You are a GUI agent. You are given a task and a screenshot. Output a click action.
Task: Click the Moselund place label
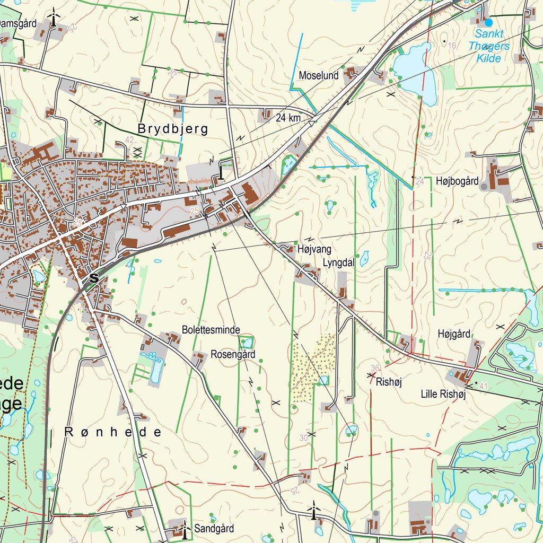pyautogui.click(x=318, y=75)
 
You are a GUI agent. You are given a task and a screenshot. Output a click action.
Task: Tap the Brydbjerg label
pyautogui.click(x=173, y=129)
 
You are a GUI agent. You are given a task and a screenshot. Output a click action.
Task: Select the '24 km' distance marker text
pyautogui.click(x=288, y=118)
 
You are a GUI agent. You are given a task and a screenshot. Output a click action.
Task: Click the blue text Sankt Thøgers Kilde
pyautogui.click(x=488, y=46)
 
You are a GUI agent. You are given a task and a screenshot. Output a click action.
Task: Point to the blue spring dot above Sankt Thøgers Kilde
pyautogui.click(x=488, y=23)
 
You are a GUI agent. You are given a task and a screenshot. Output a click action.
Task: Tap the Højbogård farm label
pyautogui.click(x=457, y=181)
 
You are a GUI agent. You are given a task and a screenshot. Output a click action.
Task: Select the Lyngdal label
pyautogui.click(x=338, y=262)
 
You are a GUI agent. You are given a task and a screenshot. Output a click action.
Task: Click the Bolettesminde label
pyautogui.click(x=211, y=329)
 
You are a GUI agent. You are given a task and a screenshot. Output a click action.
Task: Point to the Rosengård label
pyautogui.click(x=233, y=354)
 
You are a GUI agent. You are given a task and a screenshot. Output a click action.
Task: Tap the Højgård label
pyautogui.click(x=454, y=334)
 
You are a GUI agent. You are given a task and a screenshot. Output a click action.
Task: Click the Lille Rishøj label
pyautogui.click(x=443, y=394)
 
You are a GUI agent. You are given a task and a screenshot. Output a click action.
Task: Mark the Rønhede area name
pyautogui.click(x=113, y=432)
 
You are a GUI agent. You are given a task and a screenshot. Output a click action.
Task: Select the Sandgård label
pyautogui.click(x=214, y=528)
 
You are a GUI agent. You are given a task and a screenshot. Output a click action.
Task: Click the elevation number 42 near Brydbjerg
pyautogui.click(x=129, y=140)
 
